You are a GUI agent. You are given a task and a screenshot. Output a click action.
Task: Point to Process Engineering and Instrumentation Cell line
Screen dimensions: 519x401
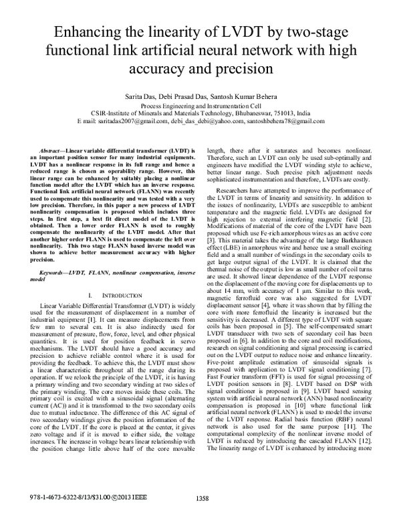pyautogui.click(x=200, y=106)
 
